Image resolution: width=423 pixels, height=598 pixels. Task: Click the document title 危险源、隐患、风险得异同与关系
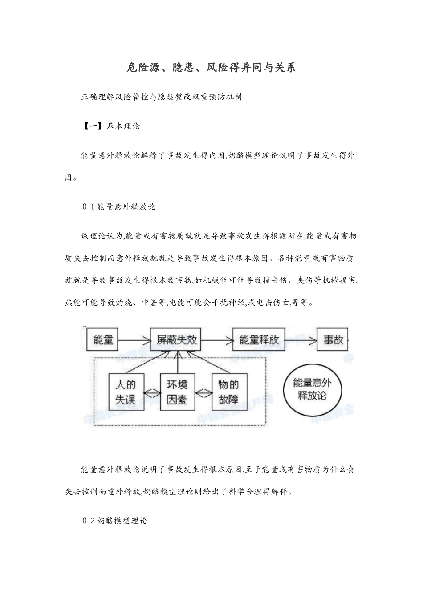point(211,67)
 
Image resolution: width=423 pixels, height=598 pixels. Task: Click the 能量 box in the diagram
point(103,340)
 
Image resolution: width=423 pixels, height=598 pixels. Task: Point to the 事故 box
point(333,340)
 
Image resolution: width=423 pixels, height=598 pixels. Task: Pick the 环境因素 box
point(177,392)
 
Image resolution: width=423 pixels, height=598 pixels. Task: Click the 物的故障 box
point(228,392)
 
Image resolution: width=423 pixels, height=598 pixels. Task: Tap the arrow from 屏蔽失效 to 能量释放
point(217,340)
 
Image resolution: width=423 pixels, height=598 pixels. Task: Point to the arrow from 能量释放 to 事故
point(301,340)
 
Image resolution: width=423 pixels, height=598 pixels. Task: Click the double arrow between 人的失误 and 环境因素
point(152,392)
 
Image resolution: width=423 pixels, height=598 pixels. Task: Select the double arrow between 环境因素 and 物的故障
point(203,392)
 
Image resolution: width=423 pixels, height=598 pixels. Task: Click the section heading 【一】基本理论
point(110,126)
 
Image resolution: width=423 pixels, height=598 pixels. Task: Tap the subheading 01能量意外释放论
point(119,206)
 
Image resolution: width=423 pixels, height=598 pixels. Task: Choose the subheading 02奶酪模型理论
point(114,521)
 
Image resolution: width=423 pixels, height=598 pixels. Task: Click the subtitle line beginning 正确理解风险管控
point(161,97)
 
